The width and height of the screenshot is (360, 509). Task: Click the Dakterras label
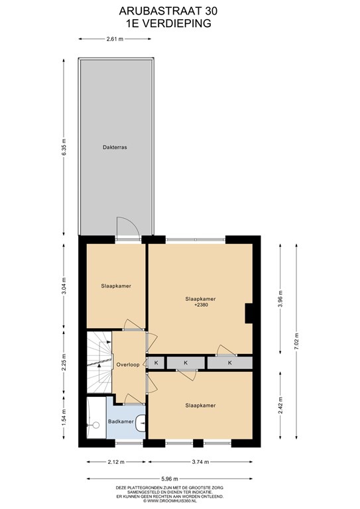(115, 147)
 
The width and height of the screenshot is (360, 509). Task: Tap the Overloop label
(128, 365)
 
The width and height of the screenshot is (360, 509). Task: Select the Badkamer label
(121, 422)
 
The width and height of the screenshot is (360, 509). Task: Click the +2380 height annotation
(201, 305)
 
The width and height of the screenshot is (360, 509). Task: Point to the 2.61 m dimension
(115, 39)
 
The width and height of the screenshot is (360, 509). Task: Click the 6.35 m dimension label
(64, 147)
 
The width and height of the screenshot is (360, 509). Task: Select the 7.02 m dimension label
(296, 341)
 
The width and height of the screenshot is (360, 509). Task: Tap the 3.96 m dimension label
(280, 299)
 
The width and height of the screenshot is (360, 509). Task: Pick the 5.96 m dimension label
(170, 479)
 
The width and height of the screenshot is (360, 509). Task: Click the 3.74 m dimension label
(200, 461)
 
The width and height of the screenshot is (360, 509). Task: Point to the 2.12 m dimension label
(116, 461)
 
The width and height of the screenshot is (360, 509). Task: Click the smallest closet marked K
(156, 363)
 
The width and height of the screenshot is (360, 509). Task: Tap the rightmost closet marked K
(230, 363)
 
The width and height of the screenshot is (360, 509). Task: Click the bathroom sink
(141, 424)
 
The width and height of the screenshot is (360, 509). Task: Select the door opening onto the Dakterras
(128, 228)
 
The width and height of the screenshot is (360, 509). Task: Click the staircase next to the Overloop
(99, 362)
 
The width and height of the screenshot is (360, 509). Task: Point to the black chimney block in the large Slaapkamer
(249, 313)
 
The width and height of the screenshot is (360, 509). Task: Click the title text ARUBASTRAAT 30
(168, 11)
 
